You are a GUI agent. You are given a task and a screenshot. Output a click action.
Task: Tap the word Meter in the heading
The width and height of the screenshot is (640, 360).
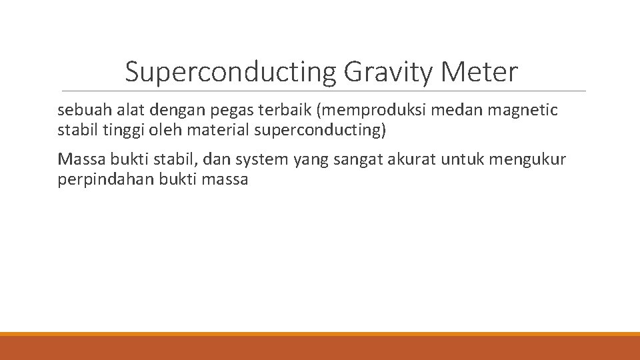[478, 72]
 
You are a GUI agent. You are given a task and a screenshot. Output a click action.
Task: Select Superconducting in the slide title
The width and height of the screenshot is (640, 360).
[231, 72]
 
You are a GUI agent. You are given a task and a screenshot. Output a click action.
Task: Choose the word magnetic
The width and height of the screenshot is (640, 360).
[526, 110]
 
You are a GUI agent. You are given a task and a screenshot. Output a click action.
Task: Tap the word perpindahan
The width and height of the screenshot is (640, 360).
[105, 179]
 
